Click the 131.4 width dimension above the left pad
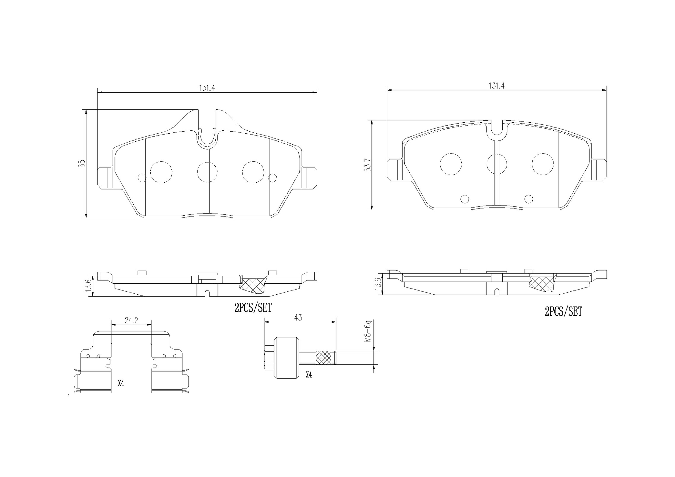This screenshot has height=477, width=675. [x=207, y=88]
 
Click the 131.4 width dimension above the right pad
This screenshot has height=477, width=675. [x=496, y=86]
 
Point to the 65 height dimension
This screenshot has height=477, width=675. [x=82, y=163]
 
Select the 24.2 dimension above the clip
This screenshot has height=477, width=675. [x=131, y=320]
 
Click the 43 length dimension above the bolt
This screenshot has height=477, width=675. [x=298, y=318]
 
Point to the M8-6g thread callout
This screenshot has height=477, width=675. [x=368, y=331]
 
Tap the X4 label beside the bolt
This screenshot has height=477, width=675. [x=309, y=375]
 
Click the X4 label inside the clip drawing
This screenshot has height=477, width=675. [x=121, y=383]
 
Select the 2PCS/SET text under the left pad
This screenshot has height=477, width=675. [x=253, y=308]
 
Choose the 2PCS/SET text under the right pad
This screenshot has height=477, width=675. [x=563, y=312]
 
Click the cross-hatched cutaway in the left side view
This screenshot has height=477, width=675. [x=253, y=284]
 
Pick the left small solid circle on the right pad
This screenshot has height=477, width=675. [x=464, y=199]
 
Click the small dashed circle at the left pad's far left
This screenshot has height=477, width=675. [x=142, y=178]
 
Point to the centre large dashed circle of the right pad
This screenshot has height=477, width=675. [x=497, y=164]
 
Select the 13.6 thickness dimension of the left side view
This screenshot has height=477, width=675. [x=89, y=285]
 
